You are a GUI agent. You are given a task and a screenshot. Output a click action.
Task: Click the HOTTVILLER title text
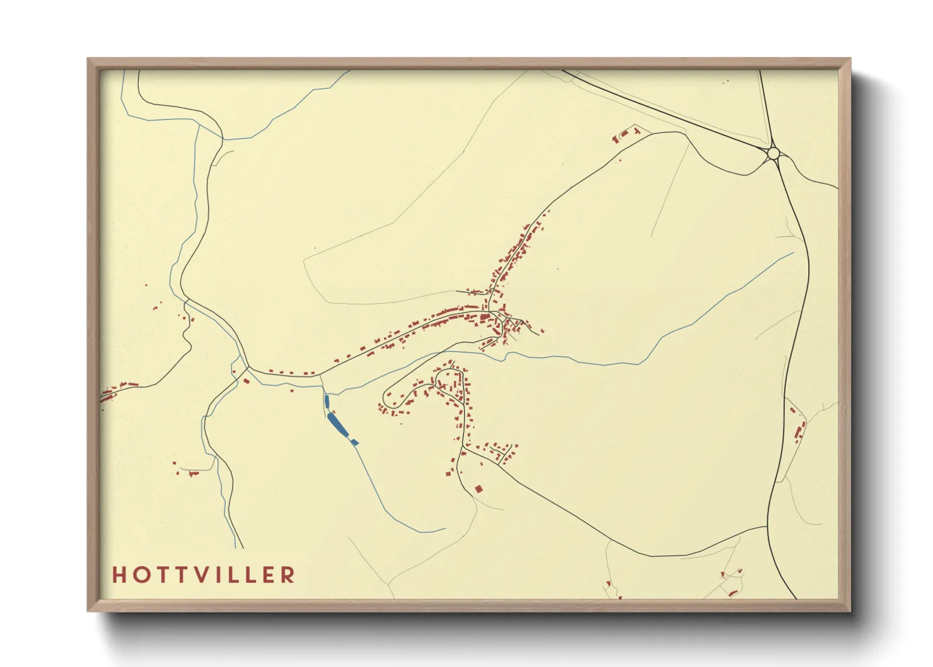coord(204,574)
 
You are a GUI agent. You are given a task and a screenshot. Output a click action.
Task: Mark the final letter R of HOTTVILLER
coord(288,574)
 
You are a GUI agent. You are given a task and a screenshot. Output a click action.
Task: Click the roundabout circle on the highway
coord(774,153)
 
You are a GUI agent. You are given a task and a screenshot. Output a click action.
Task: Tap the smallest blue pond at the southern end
coord(354,442)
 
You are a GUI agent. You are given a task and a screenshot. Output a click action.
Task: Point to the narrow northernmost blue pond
coord(327,402)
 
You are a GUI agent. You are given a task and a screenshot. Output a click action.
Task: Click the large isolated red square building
coord(478,489)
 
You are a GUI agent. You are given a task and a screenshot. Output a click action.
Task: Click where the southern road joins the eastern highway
coord(768,525)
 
